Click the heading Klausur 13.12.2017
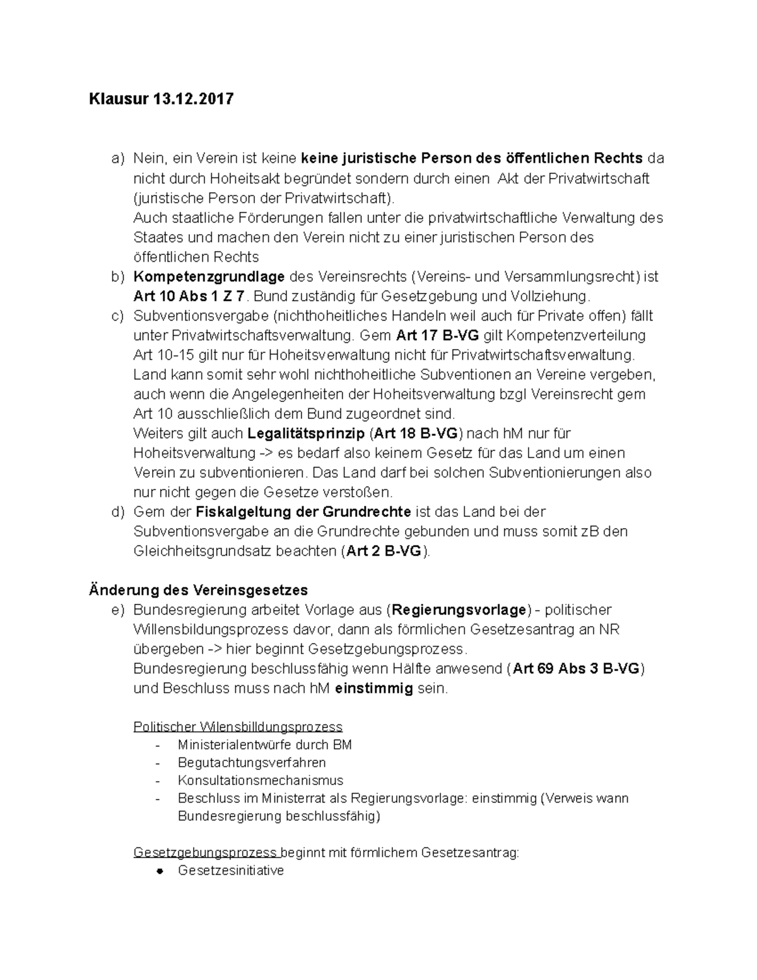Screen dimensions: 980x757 pyautogui.click(x=161, y=99)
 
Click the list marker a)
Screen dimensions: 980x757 pyautogui.click(x=118, y=158)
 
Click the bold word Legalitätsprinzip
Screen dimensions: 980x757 pyautogui.click(x=306, y=434)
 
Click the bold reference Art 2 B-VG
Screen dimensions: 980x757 pyautogui.click(x=384, y=551)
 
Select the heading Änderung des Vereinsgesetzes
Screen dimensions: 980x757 pyautogui.click(x=198, y=590)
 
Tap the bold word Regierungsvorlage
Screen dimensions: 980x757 pyautogui.click(x=459, y=610)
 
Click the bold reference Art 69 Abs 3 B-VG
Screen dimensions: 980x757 pyautogui.click(x=576, y=669)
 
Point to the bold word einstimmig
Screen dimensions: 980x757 pyautogui.click(x=374, y=688)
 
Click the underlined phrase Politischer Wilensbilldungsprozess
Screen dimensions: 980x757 pyautogui.click(x=238, y=726)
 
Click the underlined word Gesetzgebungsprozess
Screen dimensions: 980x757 pyautogui.click(x=206, y=853)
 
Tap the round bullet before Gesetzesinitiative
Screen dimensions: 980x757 pyautogui.click(x=160, y=871)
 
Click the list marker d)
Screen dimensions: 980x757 pyautogui.click(x=118, y=512)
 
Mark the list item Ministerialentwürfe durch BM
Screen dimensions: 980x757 pyautogui.click(x=265, y=745)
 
